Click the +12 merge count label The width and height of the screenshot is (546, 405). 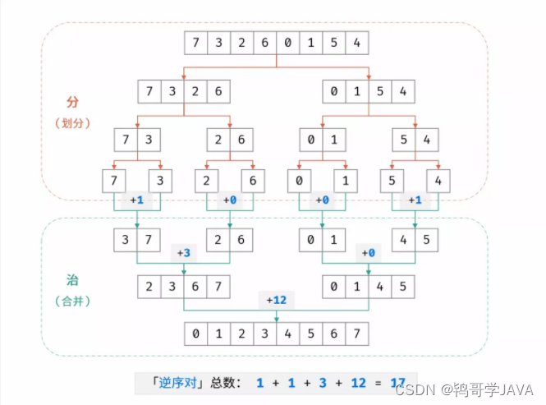tap(276, 300)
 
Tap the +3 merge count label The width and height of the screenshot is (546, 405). tap(181, 252)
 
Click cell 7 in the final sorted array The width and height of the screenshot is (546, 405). tap(355, 334)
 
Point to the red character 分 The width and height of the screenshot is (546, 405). tap(73, 103)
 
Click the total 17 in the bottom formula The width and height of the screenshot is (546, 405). tap(397, 382)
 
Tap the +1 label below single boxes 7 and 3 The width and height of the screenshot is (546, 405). tap(136, 200)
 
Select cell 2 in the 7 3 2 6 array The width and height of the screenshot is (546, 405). tap(194, 90)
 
